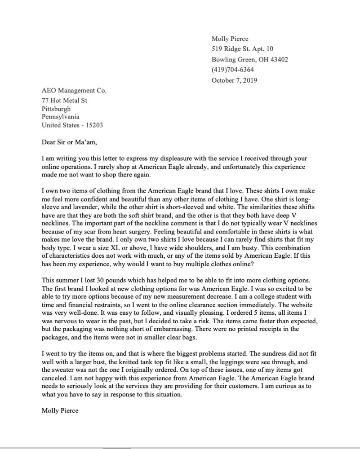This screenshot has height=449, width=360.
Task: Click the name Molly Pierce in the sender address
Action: tap(230, 39)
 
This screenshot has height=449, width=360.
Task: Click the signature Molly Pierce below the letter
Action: tap(59, 410)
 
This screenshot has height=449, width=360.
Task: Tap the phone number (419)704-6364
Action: tap(232, 70)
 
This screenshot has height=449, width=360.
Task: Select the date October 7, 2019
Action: tap(234, 80)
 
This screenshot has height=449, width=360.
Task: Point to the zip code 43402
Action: tap(279, 59)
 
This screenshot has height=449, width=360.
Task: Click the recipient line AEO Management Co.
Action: tap(74, 91)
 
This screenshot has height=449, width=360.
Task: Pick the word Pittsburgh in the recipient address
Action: tap(56, 109)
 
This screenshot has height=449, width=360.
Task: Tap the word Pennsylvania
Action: tap(61, 117)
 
